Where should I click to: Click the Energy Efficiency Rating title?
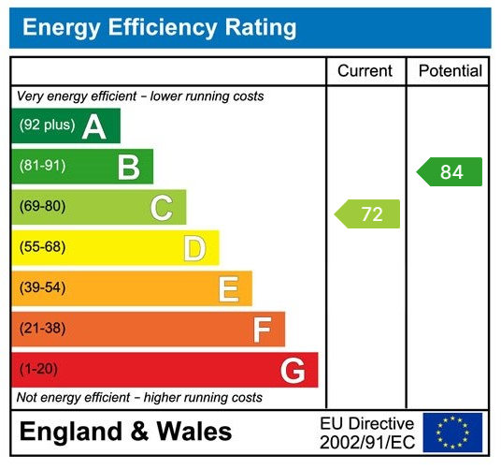click(159, 27)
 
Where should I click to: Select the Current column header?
click(365, 71)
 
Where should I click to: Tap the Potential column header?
click(450, 71)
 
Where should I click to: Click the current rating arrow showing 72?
click(368, 213)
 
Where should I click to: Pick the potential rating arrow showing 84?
click(450, 172)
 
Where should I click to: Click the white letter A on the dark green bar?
click(93, 126)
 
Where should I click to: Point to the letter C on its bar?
click(161, 208)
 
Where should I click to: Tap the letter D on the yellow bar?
click(193, 249)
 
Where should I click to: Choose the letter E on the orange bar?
click(228, 289)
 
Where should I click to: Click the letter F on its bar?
click(262, 330)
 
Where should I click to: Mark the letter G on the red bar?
click(293, 371)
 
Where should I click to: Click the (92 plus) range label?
click(46, 125)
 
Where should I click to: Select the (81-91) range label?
click(42, 167)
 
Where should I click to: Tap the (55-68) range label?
click(42, 248)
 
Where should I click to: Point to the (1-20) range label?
click(38, 370)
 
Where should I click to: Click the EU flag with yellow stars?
click(452, 432)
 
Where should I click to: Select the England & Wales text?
click(125, 432)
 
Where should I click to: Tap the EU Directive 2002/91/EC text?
click(366, 432)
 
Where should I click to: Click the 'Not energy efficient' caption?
click(139, 398)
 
